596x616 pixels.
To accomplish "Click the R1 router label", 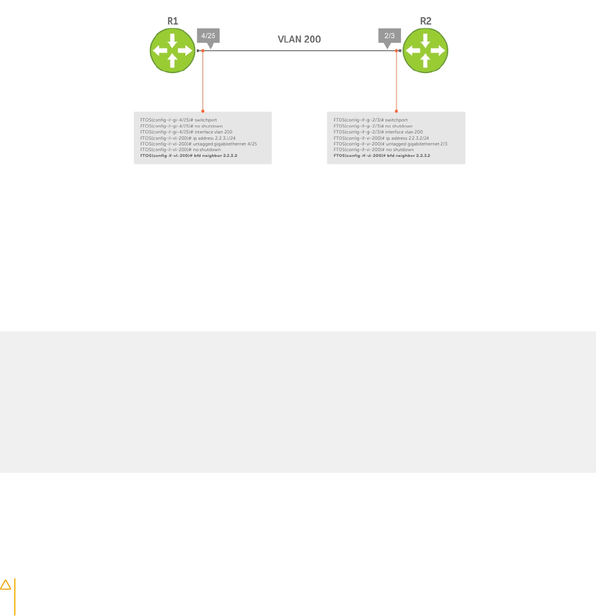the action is [173, 21].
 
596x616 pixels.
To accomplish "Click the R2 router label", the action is [425, 21].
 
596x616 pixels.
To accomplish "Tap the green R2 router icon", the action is [425, 50].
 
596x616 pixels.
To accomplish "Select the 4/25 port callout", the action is [208, 36].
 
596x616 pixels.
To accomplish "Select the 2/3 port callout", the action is [390, 36].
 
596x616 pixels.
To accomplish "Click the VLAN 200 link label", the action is [299, 39].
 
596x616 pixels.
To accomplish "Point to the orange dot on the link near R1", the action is [203, 51].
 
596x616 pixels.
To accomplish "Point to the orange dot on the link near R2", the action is [396, 51].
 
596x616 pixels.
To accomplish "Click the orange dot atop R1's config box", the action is [203, 112].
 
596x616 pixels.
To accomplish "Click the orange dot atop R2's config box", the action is [396, 112].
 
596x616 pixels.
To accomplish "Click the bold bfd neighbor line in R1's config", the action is [188, 155].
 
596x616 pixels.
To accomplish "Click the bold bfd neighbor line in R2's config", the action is [382, 155].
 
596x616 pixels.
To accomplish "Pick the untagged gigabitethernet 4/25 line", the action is [198, 144].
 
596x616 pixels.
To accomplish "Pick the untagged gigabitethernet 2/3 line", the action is [390, 144].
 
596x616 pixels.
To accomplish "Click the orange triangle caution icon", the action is [6, 585].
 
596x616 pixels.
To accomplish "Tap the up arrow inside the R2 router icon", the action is [425, 60].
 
